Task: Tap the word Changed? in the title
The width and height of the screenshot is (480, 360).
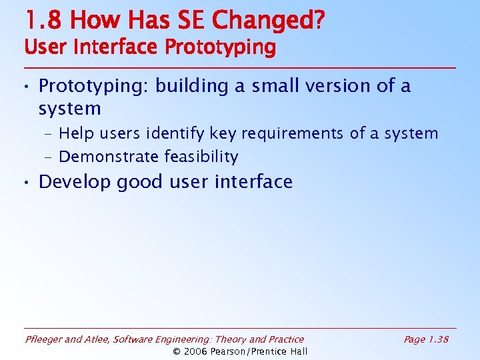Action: tap(269, 21)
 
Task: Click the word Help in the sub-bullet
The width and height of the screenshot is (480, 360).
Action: tap(77, 134)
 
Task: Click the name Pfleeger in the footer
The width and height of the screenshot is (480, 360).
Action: tap(45, 339)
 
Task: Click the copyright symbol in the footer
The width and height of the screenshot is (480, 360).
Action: tap(177, 351)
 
